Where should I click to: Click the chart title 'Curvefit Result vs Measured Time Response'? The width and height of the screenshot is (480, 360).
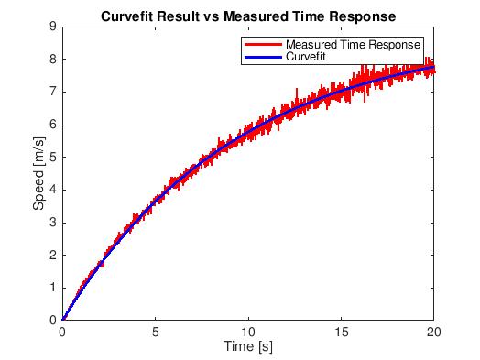(248, 15)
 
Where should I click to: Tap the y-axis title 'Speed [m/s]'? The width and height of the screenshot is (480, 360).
(39, 173)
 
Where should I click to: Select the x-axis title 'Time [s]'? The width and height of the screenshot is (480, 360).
(248, 347)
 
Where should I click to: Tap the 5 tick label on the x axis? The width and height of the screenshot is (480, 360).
(156, 332)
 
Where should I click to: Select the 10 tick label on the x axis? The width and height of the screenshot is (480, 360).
(248, 332)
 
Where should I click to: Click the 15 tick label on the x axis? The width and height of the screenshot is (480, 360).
(341, 332)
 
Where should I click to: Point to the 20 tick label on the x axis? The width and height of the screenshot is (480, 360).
(434, 332)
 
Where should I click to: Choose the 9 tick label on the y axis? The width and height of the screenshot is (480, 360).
(54, 27)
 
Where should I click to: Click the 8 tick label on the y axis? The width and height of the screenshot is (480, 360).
(54, 59)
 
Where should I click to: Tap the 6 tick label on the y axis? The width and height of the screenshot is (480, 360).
(54, 124)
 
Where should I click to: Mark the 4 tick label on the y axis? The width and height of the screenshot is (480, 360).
(54, 190)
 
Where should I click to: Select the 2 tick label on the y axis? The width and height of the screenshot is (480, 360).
(54, 255)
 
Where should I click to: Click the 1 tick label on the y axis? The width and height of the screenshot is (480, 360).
(54, 287)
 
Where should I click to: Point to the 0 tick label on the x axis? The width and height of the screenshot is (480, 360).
(63, 332)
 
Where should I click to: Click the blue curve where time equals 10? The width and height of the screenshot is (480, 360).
(248, 134)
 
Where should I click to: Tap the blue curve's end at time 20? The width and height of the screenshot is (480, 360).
(433, 67)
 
